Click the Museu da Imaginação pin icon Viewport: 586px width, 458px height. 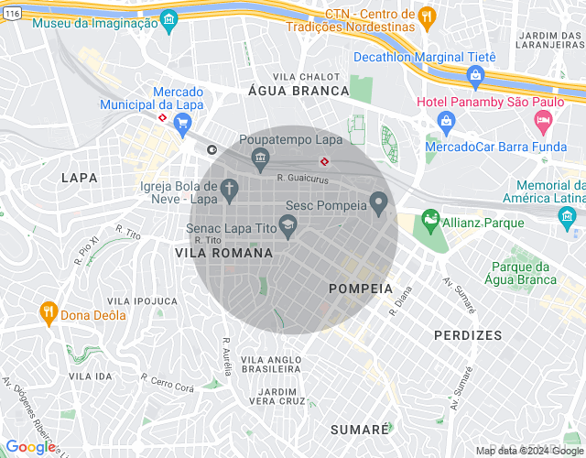click(168, 19)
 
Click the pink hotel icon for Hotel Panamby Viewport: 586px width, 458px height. click(544, 120)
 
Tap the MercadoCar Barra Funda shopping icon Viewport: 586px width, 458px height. click(446, 120)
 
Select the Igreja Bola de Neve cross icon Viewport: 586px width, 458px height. click(229, 191)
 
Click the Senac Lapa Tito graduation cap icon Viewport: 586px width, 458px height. click(288, 224)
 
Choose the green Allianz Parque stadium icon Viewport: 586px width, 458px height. click(429, 221)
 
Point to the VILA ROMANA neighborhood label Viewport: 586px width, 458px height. click(223, 252)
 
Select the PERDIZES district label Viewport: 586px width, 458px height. click(468, 335)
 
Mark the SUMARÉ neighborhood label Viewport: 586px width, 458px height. click(360, 429)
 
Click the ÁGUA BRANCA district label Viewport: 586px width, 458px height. click(299, 91)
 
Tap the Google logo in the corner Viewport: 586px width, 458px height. click(30, 446)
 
